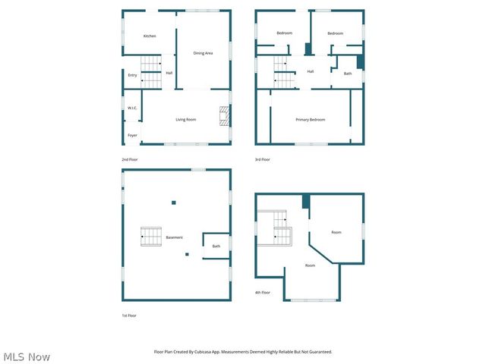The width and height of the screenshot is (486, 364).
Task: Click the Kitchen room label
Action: [x=150, y=36]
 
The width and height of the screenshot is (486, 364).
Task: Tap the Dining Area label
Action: [x=203, y=53]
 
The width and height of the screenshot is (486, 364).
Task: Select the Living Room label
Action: [x=186, y=120]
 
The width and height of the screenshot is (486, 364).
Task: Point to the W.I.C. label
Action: [x=131, y=108]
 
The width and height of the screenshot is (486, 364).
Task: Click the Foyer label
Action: [x=132, y=136]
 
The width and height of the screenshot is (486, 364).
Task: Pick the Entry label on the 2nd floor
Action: [x=132, y=75]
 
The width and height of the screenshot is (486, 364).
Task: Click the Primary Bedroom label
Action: [x=310, y=120]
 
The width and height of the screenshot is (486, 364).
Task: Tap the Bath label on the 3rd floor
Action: [x=348, y=74]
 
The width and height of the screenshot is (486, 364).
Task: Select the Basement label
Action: [x=175, y=237]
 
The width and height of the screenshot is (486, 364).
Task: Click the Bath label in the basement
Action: [x=216, y=246]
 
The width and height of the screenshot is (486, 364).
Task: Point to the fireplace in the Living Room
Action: [x=225, y=116]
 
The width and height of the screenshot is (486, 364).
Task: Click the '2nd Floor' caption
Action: [x=130, y=159]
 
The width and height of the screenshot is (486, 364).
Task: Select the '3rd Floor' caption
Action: [x=262, y=159]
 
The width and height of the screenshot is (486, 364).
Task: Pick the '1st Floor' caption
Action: [x=129, y=315]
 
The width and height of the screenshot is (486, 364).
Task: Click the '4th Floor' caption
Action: [x=262, y=292]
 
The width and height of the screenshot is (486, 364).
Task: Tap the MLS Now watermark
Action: [x=27, y=356]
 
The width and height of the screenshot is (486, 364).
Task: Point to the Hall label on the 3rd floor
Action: [x=311, y=71]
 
